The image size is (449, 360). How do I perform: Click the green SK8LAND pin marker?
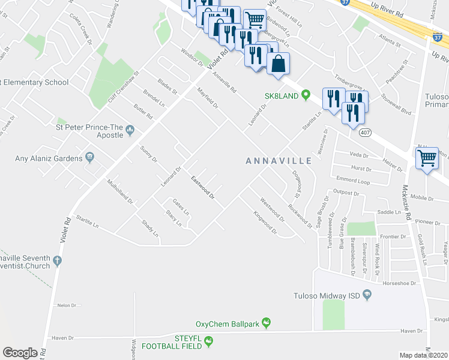point(306,95)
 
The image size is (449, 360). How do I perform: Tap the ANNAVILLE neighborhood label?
point(279,161)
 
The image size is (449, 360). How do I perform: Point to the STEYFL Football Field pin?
point(209,342)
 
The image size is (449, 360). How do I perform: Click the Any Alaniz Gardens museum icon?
point(89,158)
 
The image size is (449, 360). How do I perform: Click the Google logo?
point(20,353)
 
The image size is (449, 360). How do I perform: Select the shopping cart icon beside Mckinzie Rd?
point(427,158)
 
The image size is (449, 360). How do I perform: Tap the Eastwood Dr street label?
point(203,188)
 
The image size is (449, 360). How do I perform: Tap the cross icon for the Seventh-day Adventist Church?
point(57,260)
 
